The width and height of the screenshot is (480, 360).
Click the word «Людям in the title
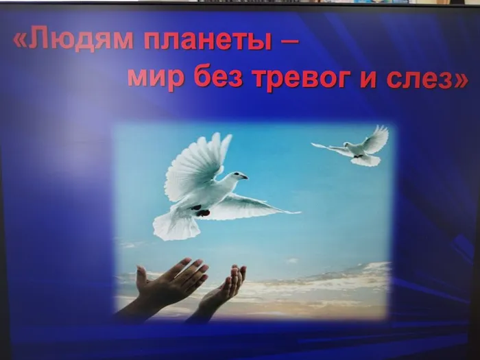click(73, 40)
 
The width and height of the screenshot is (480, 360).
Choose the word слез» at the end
click(427, 80)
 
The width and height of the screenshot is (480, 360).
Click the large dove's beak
click(244, 177)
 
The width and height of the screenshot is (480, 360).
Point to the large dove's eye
click(237, 174)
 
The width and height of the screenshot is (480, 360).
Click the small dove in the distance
click(356, 147)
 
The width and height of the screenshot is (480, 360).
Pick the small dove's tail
click(366, 160)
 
